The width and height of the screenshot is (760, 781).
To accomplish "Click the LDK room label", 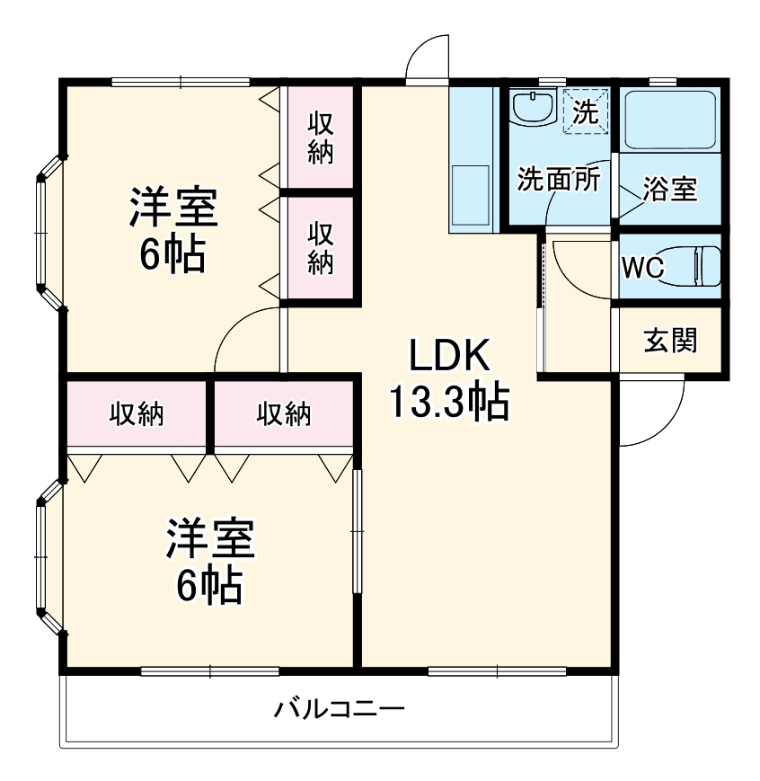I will pyautogui.click(x=449, y=357).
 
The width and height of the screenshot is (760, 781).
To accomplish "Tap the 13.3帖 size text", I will pyautogui.click(x=448, y=402).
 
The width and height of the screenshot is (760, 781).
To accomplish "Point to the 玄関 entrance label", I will pyautogui.click(x=670, y=341).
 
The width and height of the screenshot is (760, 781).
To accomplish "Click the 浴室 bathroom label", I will pyautogui.click(x=670, y=190).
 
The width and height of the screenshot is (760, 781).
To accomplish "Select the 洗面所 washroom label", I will pyautogui.click(x=557, y=180).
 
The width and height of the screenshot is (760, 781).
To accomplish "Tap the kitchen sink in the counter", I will pyautogui.click(x=470, y=194).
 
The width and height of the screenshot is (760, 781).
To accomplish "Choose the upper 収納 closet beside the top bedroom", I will pyautogui.click(x=321, y=137).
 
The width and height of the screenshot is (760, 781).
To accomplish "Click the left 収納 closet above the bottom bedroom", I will pyautogui.click(x=137, y=413).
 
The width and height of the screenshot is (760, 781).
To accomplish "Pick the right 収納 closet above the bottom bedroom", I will pyautogui.click(x=284, y=413).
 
